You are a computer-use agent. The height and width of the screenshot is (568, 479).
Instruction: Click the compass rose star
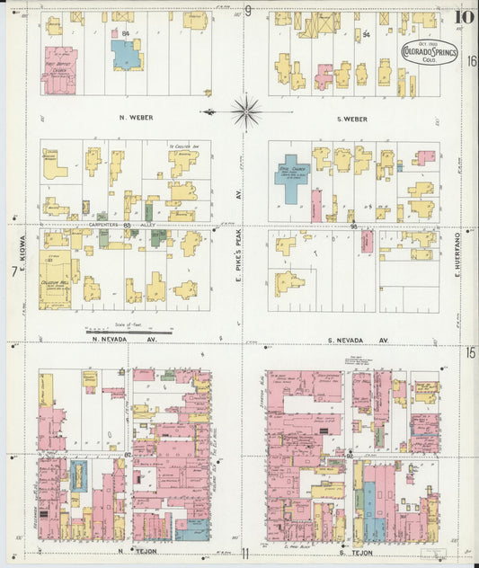tap(244, 111)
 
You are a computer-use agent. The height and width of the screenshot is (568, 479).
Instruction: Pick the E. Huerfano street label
tap(457, 253)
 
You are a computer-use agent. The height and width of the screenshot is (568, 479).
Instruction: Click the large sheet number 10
tap(465, 15)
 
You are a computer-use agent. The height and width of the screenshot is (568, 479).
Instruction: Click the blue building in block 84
tap(126, 56)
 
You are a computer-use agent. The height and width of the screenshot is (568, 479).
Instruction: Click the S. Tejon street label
tap(358, 550)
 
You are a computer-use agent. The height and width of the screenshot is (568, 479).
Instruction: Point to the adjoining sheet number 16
tap(470, 60)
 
